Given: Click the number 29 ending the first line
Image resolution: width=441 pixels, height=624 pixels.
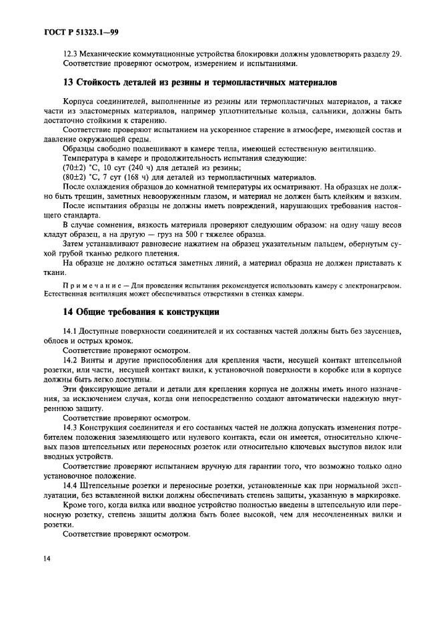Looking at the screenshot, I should tap(396, 54).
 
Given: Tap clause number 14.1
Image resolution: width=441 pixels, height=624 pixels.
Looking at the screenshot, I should tap(71, 332).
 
